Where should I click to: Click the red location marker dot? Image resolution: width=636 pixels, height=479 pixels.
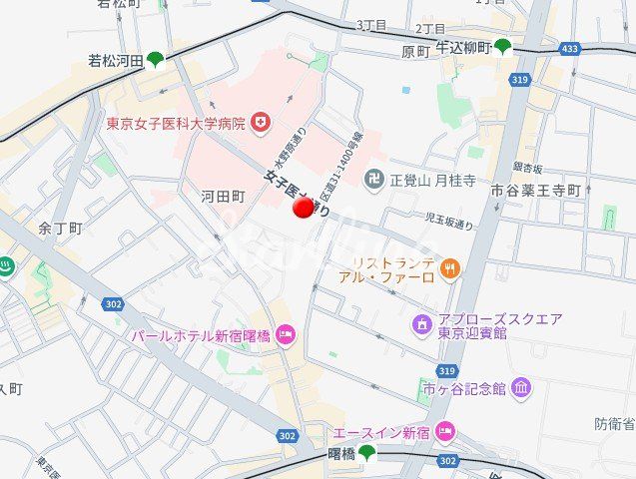[305, 208]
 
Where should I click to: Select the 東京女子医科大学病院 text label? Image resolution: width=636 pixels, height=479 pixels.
[176, 124]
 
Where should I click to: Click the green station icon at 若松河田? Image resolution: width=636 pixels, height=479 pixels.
[155, 60]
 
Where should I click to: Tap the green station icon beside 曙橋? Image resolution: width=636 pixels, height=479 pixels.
[367, 454]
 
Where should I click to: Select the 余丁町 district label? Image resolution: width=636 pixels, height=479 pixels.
[59, 228]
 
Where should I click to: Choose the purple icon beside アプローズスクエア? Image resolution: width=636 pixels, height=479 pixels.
[421, 324]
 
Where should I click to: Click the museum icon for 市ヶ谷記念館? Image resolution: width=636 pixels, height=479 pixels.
[520, 387]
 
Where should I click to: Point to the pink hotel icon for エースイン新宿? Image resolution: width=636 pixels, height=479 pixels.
[445, 432]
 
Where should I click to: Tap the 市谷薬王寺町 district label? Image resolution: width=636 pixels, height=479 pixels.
[535, 190]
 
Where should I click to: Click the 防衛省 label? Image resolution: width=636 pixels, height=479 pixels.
[615, 424]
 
